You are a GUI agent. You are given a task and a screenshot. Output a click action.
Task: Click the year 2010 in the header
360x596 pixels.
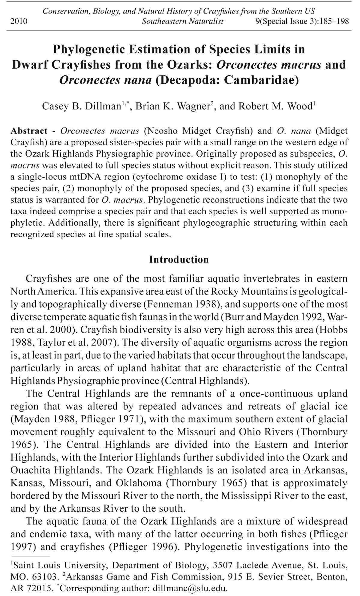point(19,21)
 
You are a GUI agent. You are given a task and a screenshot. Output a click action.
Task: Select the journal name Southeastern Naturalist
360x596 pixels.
point(183,21)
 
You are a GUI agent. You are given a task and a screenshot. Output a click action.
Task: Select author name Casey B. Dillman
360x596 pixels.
point(81,106)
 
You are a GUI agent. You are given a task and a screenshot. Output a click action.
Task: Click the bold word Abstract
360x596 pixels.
point(29,131)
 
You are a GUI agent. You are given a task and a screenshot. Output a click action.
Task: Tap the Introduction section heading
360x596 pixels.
point(179,259)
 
